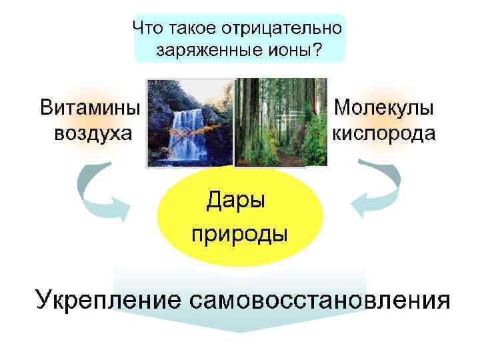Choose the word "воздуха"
pyautogui.click(x=93, y=133)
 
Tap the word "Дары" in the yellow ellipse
pyautogui.click(x=235, y=199)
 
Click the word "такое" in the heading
pyautogui.click(x=190, y=29)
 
